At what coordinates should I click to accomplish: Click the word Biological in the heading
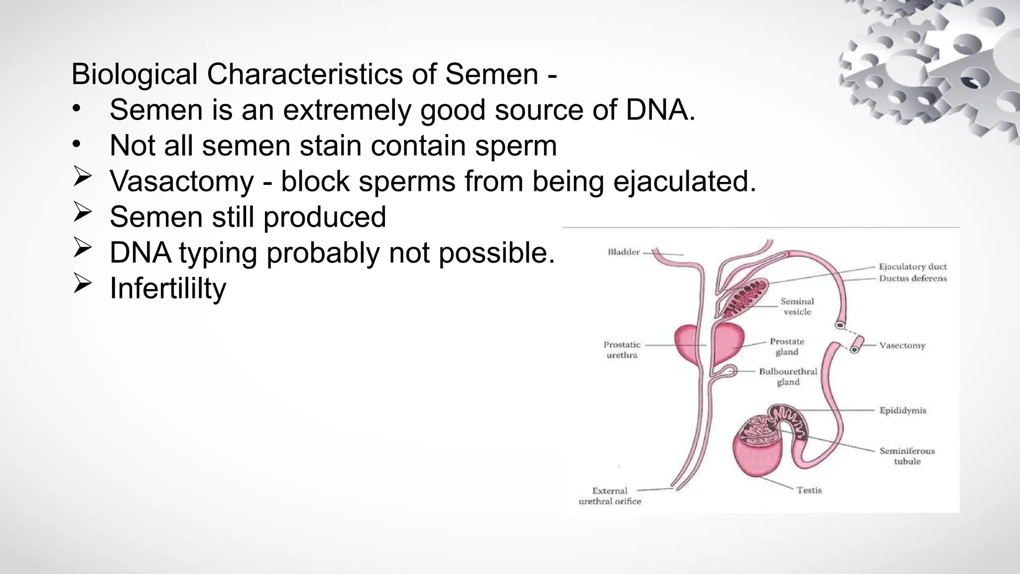(134, 75)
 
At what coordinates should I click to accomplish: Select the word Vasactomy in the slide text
(182, 181)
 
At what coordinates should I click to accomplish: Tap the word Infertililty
(168, 288)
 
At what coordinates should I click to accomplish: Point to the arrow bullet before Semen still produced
(82, 212)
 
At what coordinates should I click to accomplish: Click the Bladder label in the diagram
(624, 252)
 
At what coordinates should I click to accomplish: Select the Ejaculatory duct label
(912, 267)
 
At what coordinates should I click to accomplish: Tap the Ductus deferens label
(912, 279)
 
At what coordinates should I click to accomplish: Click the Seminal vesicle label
(797, 306)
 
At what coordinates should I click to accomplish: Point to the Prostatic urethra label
(622, 350)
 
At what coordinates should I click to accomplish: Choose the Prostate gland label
(787, 347)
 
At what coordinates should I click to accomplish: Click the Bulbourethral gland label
(788, 377)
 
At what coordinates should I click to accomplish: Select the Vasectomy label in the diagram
(902, 345)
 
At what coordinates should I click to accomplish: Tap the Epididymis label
(902, 411)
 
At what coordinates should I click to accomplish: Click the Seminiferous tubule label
(907, 456)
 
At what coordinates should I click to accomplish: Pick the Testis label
(809, 490)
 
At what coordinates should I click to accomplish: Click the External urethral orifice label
(610, 496)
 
